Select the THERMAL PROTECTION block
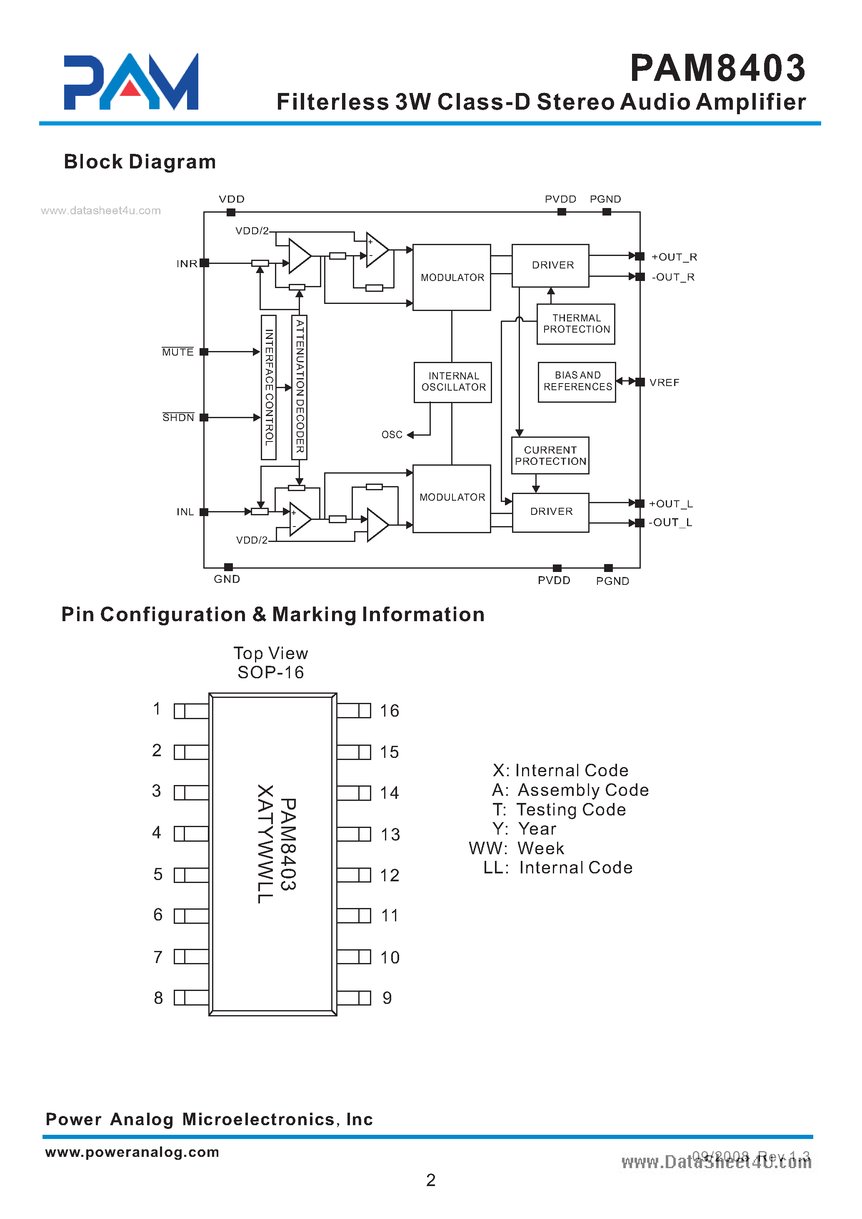pos(576,324)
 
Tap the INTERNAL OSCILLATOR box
pos(453,382)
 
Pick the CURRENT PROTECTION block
pos(550,456)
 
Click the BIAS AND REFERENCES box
pos(577,381)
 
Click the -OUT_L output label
pos(670,523)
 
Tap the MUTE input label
pos(178,353)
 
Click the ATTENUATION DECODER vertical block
pos(300,387)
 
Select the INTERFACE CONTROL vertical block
pos(269,387)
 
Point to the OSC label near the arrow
pos(392,435)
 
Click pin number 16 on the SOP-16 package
pos(389,711)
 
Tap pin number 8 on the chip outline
pos(158,998)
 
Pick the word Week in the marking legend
pos(540,848)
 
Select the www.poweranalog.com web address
pos(132,1151)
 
